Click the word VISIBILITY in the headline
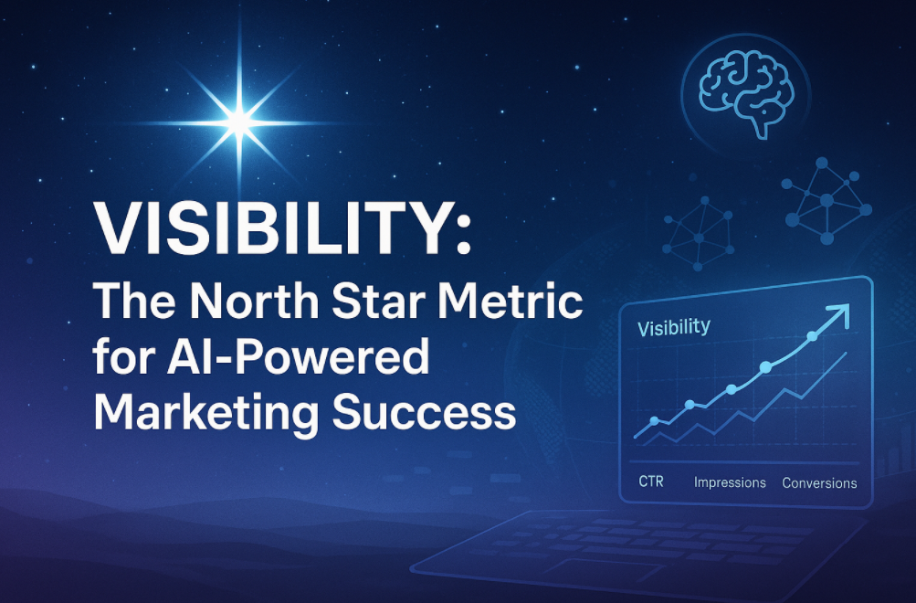click(x=272, y=228)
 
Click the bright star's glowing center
click(x=239, y=122)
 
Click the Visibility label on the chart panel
click(x=674, y=327)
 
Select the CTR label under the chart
click(x=651, y=481)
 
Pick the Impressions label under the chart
click(x=730, y=482)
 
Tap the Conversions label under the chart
click(x=819, y=483)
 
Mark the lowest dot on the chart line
click(x=654, y=420)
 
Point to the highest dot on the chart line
click(x=812, y=336)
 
